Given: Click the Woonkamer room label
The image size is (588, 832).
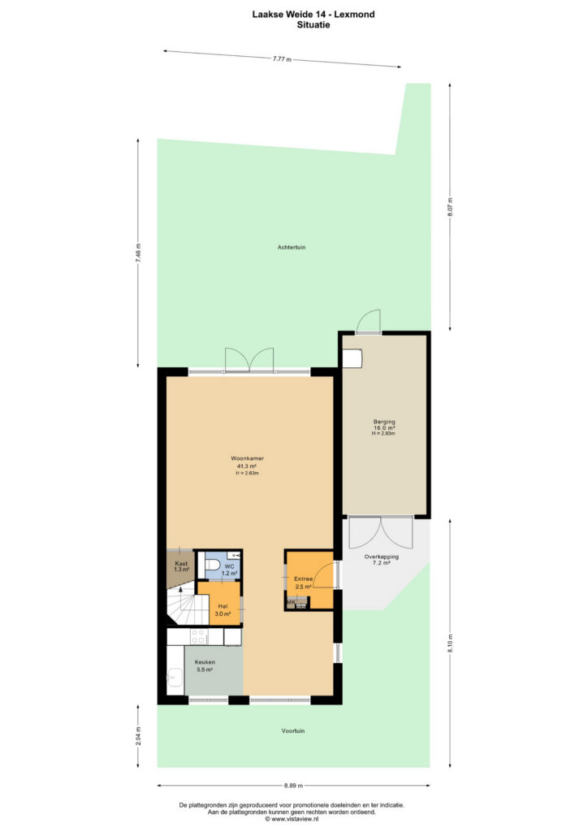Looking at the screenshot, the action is coord(247,458).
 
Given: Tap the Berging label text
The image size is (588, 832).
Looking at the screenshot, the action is coord(384,422).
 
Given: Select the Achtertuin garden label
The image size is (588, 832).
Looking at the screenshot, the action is coord(292,247).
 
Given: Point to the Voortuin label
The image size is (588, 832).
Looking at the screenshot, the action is coord(293,730).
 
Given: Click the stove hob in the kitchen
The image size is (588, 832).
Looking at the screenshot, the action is coord(199,636).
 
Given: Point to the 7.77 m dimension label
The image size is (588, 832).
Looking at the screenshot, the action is coord(282,58).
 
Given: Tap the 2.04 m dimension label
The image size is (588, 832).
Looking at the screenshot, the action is coord(138,736).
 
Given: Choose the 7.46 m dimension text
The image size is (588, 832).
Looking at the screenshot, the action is coord(138,253).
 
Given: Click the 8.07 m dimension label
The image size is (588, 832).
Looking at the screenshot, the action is coord(450,207).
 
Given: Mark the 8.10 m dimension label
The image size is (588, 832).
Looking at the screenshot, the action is coord(450,643).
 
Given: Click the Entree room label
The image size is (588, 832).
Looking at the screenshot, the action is coord(303,578).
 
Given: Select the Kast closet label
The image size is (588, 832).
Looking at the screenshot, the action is coord(181,564).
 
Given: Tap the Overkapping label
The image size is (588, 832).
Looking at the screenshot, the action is coord(381,557).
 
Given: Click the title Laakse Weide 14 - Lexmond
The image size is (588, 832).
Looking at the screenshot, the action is coord(313,15).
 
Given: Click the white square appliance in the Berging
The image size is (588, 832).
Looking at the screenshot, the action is coord(352,358).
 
